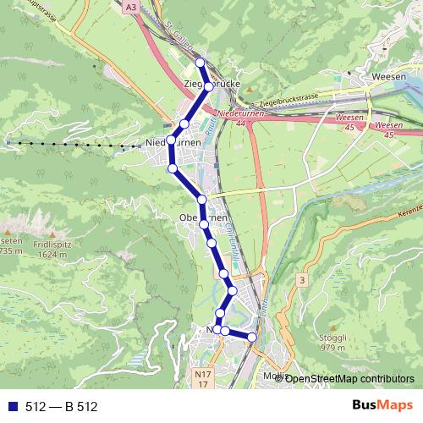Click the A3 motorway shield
(129, 7)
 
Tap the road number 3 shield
(301, 279)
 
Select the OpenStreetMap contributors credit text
(350, 378)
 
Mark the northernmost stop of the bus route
(200, 63)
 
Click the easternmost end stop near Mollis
(251, 338)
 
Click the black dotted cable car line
(76, 146)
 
